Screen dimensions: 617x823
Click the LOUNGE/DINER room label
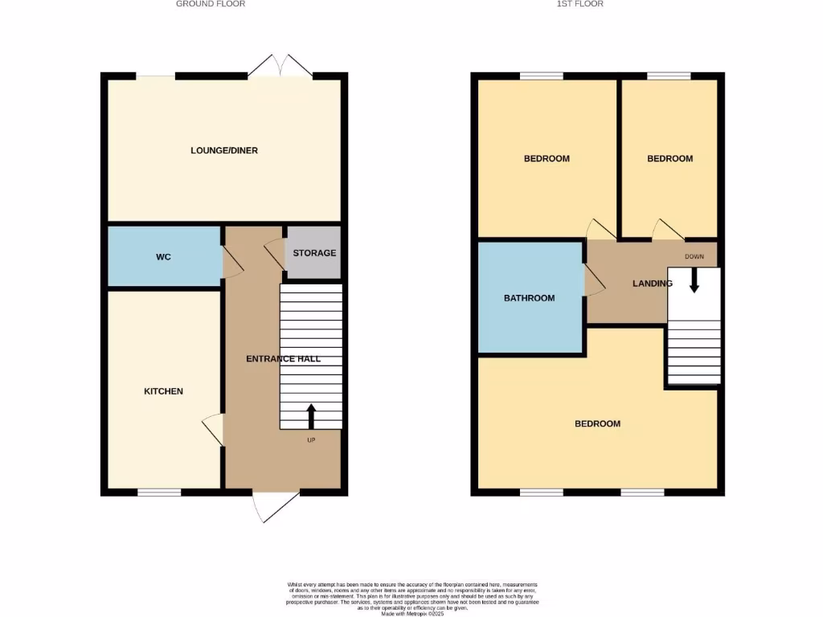(x=224, y=150)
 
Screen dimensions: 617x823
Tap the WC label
(x=163, y=257)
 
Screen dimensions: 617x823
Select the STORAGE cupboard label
(x=314, y=253)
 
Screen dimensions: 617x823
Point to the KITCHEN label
(x=163, y=391)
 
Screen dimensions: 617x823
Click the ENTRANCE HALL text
(x=283, y=358)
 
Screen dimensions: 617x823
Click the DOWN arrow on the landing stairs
(x=694, y=280)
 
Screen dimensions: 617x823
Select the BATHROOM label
(x=529, y=298)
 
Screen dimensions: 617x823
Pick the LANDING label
(x=653, y=284)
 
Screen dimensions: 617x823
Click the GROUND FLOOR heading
(x=211, y=4)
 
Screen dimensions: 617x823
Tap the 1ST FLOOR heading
(x=580, y=4)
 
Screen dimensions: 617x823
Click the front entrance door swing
(x=272, y=506)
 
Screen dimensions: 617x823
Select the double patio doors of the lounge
(x=280, y=66)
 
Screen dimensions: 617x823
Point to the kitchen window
(x=158, y=492)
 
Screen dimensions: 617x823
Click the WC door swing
(x=231, y=262)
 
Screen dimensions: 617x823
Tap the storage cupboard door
(x=276, y=254)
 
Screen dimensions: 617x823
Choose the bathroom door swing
(x=594, y=281)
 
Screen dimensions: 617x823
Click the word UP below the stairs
(x=311, y=440)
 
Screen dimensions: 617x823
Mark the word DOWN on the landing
(x=694, y=257)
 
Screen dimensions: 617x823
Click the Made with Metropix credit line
(x=411, y=614)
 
